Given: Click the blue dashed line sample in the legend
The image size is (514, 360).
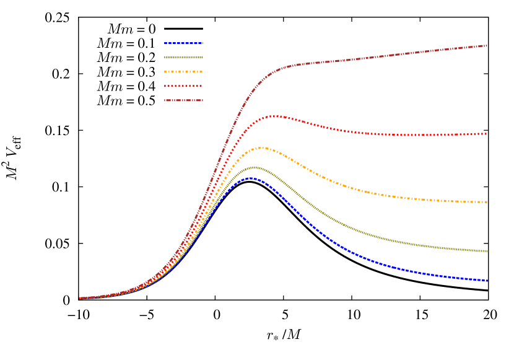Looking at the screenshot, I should [x=183, y=43].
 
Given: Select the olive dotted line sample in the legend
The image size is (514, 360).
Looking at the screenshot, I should [x=183, y=58].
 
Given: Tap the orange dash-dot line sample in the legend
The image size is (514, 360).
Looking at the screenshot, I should [x=183, y=72].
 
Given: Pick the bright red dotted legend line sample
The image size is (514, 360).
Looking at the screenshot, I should [x=183, y=86].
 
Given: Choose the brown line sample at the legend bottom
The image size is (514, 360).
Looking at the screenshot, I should [x=183, y=100].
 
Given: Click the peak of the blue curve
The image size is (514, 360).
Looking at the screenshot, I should [x=251, y=178].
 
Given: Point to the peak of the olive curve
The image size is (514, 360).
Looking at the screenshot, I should [x=254, y=167].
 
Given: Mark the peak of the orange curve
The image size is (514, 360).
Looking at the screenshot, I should [x=263, y=147].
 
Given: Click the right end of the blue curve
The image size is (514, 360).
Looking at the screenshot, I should [x=487, y=281].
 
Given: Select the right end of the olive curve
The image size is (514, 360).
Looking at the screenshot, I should [x=487, y=251].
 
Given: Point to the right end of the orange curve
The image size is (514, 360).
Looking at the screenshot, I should [x=487, y=202].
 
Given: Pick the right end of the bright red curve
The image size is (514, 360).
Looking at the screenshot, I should [x=487, y=133].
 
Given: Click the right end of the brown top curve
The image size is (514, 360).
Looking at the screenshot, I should [x=487, y=45].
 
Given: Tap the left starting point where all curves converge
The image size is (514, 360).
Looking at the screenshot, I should [x=80, y=298].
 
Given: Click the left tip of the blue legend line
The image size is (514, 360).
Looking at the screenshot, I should [x=165, y=43].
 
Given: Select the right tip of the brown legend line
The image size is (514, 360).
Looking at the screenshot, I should [x=203, y=100].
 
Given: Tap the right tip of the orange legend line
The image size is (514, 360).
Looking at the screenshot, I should [x=203, y=72].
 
